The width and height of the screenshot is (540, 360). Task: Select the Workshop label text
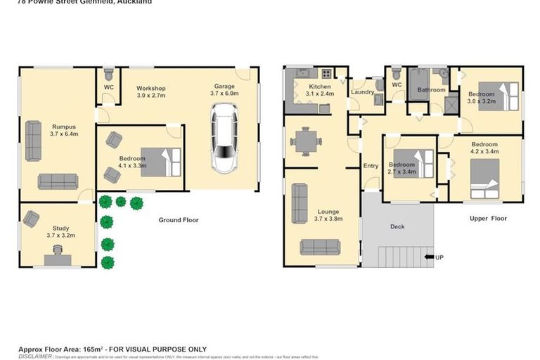click(151, 87)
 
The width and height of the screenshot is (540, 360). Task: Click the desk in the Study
click(58, 259)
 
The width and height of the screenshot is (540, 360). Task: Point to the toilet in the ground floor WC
click(108, 73)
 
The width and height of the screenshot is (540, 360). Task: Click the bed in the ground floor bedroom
click(161, 161)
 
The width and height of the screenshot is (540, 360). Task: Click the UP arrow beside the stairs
click(430, 257)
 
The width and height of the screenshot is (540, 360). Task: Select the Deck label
click(397, 226)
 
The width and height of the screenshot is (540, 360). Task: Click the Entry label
click(371, 166)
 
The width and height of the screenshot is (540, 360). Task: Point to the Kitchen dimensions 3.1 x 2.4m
click(320, 94)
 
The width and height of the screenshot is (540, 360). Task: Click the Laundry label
click(363, 92)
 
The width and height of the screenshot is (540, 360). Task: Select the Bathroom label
click(431, 90)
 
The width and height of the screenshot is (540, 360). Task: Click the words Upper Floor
click(488, 219)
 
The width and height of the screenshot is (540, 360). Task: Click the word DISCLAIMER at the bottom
click(35, 356)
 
